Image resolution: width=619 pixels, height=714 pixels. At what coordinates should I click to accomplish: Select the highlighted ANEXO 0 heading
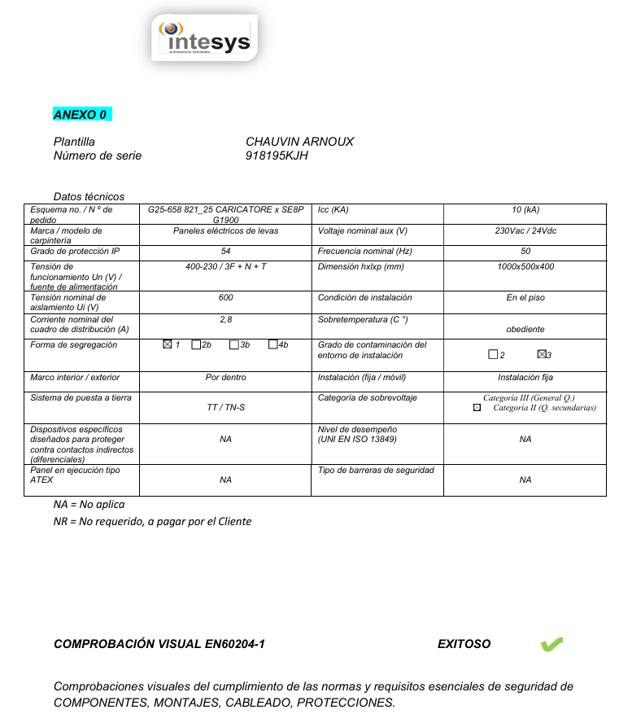(81, 114)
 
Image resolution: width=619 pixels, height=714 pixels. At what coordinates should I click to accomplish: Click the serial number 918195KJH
(277, 156)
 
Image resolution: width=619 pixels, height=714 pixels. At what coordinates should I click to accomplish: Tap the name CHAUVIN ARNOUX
(299, 142)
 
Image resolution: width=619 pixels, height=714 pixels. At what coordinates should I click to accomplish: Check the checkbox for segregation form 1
(168, 345)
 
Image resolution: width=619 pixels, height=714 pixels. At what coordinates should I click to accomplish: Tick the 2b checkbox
(196, 345)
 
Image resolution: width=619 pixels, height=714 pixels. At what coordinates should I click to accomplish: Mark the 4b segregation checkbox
(272, 345)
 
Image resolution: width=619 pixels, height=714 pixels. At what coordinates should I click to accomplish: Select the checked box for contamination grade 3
(542, 354)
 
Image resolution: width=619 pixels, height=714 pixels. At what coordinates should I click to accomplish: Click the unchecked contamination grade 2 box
(493, 355)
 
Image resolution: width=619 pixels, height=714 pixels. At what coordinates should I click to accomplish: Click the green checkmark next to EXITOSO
(551, 645)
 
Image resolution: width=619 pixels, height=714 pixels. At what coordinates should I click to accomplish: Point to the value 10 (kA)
(525, 210)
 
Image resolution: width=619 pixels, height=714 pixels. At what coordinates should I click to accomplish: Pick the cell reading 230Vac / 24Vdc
(525, 231)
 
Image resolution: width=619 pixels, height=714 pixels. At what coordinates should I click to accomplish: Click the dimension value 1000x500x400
(525, 266)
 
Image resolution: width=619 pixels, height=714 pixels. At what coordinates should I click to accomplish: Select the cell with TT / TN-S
(225, 407)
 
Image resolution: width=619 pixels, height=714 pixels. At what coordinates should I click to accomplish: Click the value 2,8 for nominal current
(225, 320)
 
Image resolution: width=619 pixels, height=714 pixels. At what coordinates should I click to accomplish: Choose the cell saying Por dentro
(225, 378)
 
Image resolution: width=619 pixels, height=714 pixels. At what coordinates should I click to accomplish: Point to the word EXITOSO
(464, 644)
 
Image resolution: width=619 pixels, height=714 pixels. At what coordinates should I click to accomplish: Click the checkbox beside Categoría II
(477, 408)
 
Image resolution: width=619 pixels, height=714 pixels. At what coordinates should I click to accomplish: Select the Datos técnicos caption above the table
(89, 196)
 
